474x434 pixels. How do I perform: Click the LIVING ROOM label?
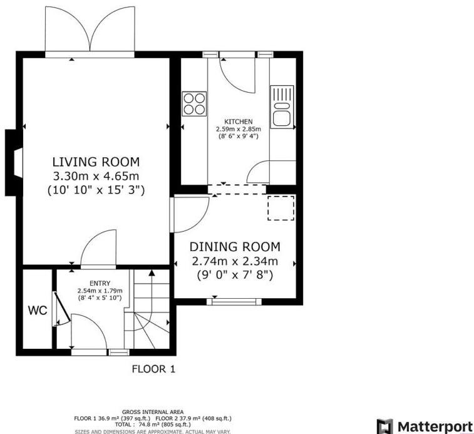click(x=96, y=161)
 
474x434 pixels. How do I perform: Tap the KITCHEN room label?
click(x=238, y=121)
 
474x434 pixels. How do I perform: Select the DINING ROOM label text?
click(x=235, y=247)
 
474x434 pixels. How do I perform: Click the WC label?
click(x=35, y=310)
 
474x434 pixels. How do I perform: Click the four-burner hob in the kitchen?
click(x=194, y=104)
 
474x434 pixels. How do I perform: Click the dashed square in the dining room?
click(x=281, y=208)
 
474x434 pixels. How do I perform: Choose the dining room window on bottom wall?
click(x=234, y=302)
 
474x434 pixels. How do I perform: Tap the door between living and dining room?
click(x=191, y=213)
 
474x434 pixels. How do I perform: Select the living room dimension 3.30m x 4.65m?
click(x=96, y=176)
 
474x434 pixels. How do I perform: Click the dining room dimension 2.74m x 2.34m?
click(x=235, y=261)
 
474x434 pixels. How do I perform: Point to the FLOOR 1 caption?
click(x=153, y=369)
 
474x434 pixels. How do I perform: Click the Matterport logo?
click(x=424, y=426)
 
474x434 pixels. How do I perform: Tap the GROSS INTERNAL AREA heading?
click(x=153, y=411)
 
